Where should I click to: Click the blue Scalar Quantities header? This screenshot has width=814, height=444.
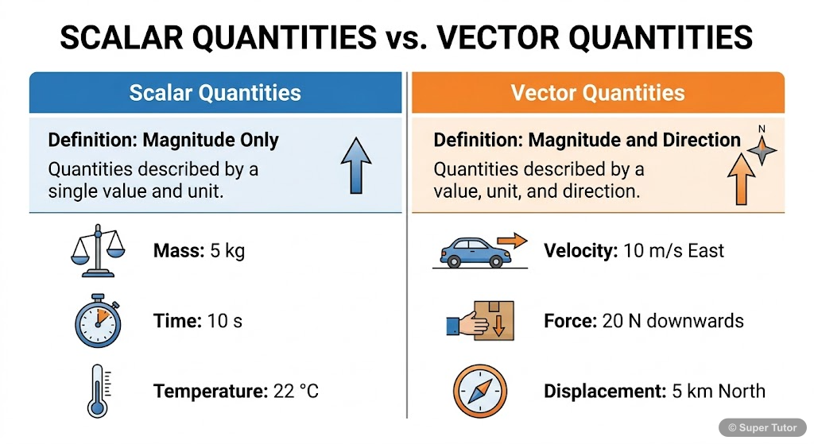click(215, 93)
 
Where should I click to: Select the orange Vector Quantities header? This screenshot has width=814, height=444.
click(598, 93)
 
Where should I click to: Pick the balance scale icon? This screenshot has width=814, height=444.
click(99, 250)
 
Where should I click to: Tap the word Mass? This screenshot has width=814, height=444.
click(178, 252)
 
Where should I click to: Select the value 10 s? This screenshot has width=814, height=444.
click(224, 321)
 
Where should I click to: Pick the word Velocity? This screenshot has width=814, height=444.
click(580, 251)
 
